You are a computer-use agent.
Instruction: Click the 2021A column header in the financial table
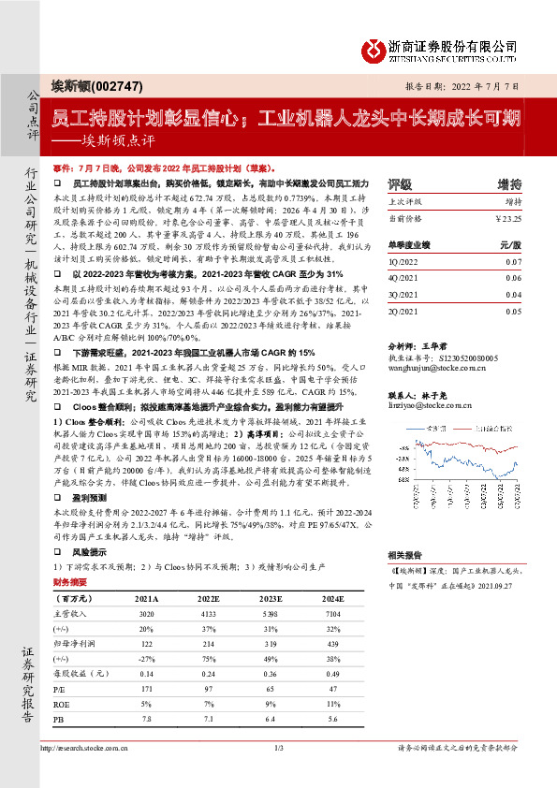click(x=146, y=597)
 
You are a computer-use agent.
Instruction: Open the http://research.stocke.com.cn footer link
click(x=85, y=748)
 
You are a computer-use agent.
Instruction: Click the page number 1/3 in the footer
click(x=278, y=748)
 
